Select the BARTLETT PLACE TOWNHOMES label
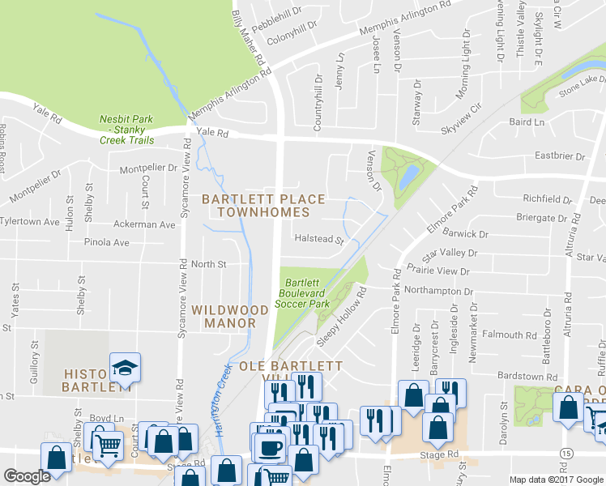(263, 206)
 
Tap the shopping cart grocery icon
(109, 442)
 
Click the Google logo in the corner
(27, 476)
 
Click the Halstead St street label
(319, 240)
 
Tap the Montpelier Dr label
(148, 168)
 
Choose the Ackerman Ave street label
(145, 224)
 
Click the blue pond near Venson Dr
(409, 174)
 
